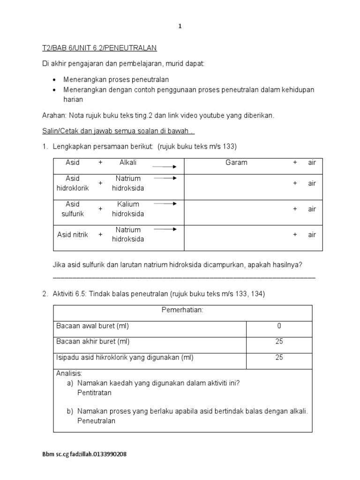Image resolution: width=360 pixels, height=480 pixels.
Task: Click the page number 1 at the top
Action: point(180,27)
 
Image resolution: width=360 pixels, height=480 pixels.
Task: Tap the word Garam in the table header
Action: point(236,163)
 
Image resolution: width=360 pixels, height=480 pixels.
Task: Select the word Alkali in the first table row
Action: point(128,163)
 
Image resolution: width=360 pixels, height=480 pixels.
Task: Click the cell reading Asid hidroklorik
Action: point(73,183)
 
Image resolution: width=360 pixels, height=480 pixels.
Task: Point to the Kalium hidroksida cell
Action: point(128,209)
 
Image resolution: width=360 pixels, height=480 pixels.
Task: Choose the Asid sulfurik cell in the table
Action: point(73,209)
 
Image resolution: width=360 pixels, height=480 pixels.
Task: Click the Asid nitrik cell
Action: point(73,234)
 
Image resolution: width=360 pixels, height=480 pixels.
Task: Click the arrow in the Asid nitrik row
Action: point(165,229)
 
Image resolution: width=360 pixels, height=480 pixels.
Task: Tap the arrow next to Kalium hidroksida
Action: point(165,203)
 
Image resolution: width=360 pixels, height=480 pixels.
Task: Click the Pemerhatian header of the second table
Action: point(182,310)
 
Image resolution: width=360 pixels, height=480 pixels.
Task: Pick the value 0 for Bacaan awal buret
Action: point(279,326)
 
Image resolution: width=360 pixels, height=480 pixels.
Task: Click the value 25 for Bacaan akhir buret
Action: point(279,342)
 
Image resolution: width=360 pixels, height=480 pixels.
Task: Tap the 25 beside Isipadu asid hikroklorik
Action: point(279,357)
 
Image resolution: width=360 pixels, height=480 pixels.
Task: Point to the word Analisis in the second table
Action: point(69,374)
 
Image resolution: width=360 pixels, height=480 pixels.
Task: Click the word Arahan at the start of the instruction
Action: point(54,115)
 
